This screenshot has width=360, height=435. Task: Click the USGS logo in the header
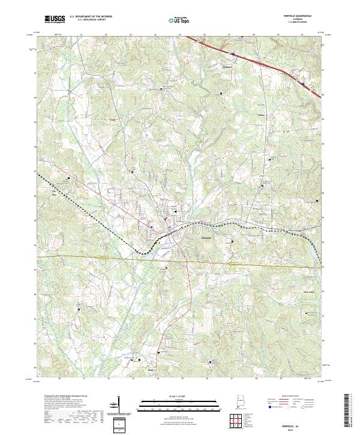click(55, 19)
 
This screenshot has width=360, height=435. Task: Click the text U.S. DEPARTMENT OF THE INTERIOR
click(91, 17)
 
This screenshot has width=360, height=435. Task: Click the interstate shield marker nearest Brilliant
click(232, 53)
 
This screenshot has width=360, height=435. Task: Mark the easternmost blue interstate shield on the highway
click(304, 85)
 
